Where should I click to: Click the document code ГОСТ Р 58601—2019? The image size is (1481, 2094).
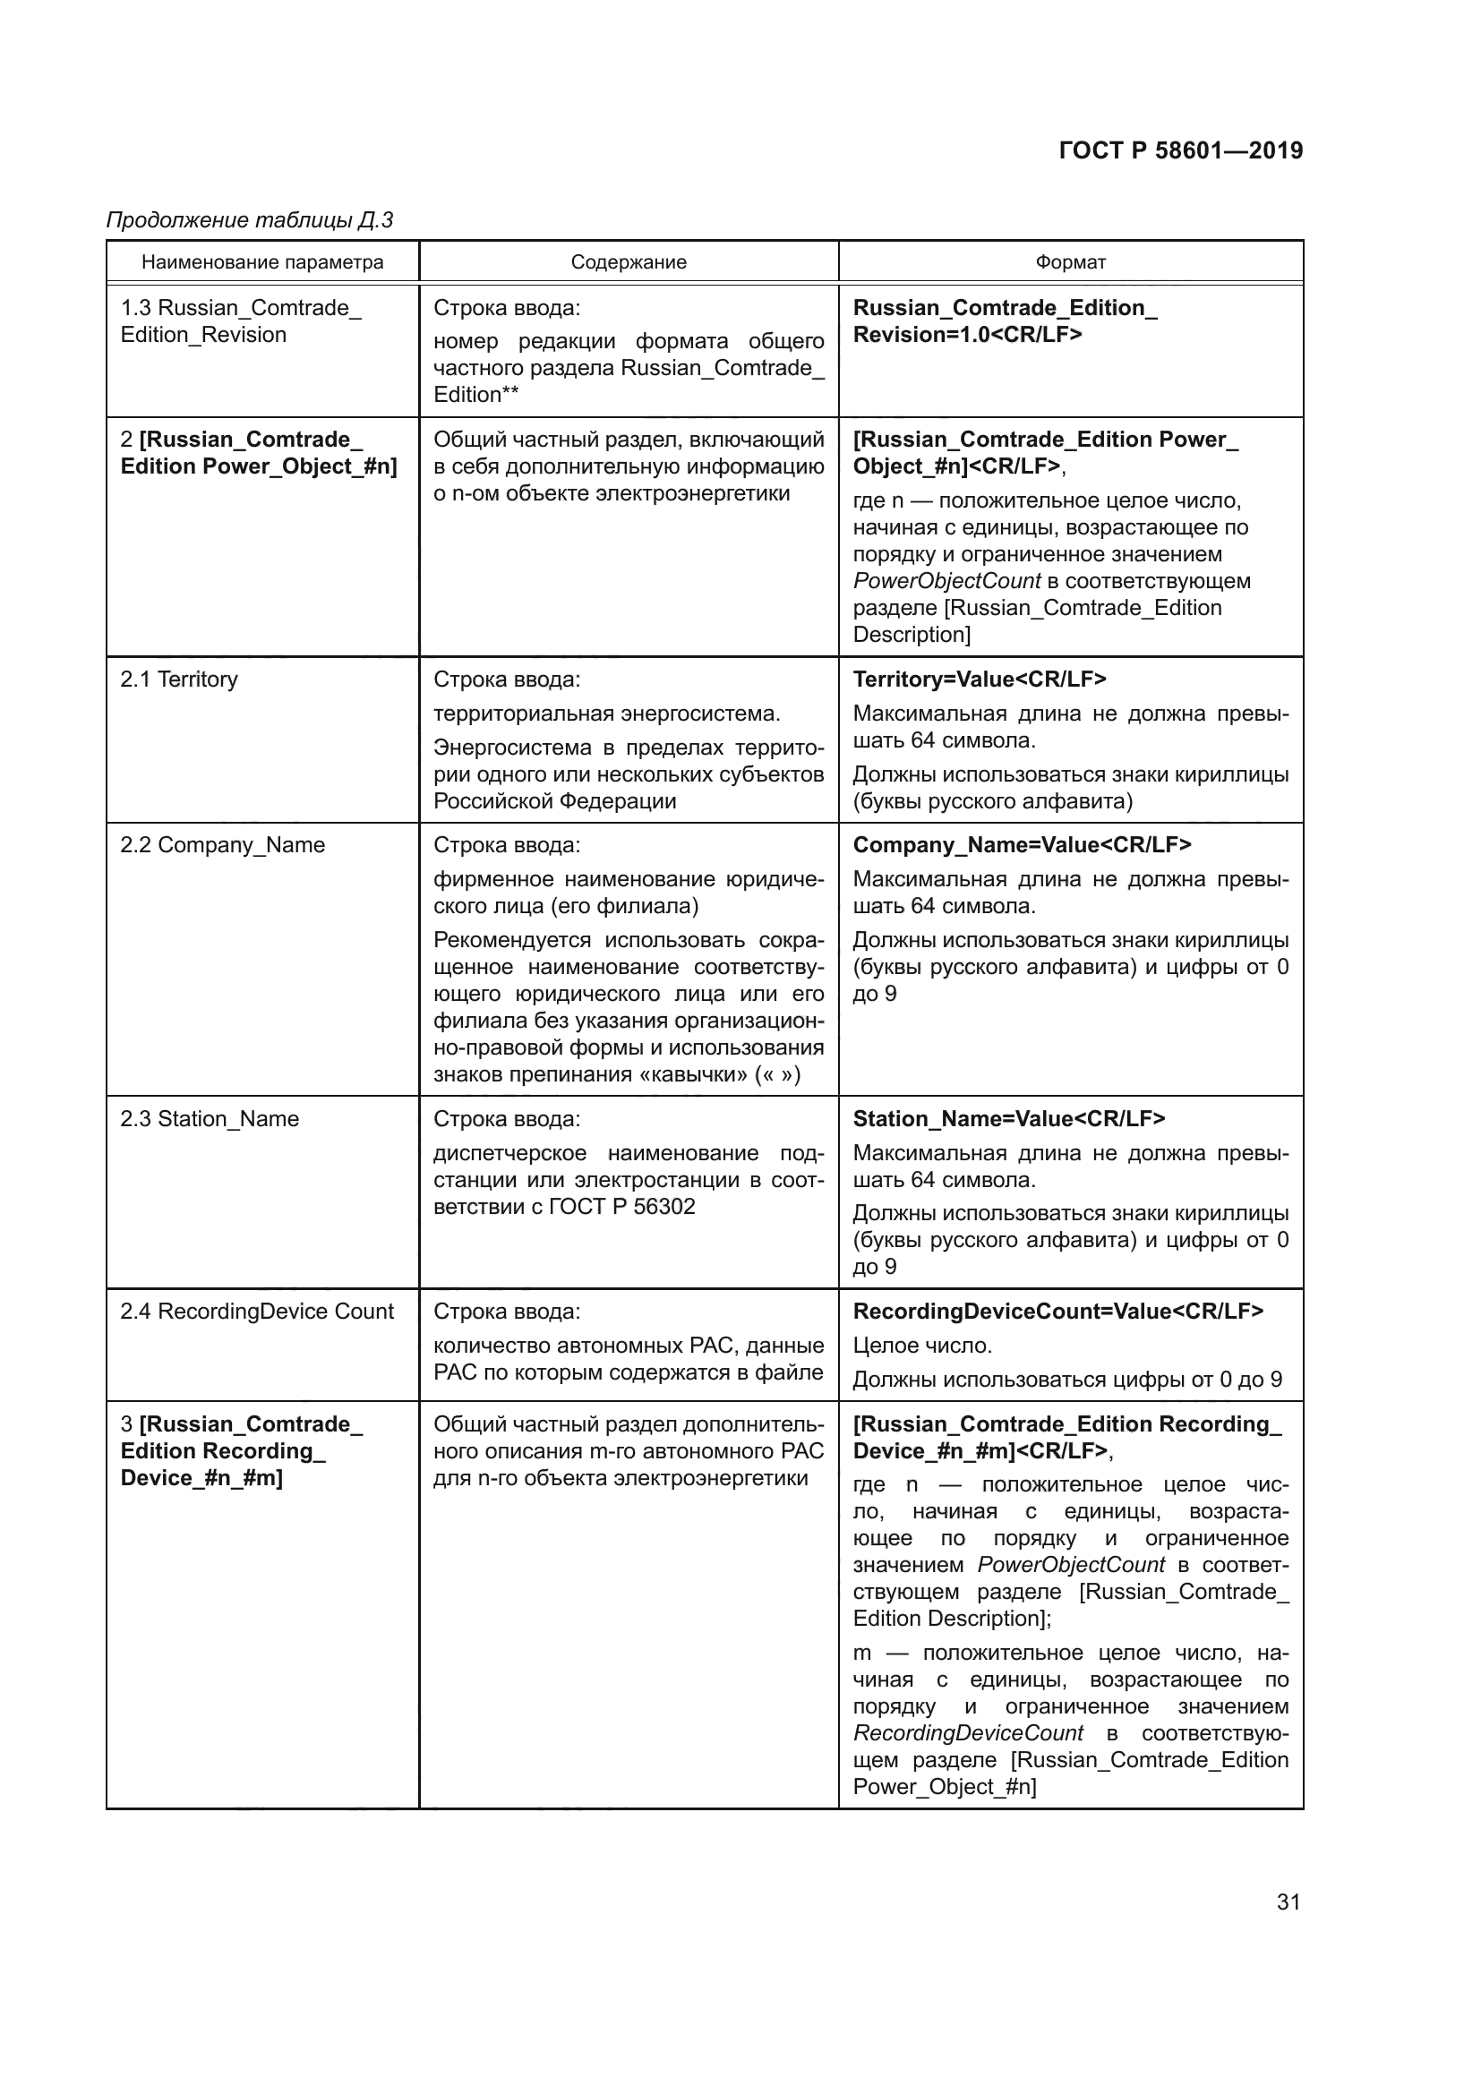[x=1180, y=150]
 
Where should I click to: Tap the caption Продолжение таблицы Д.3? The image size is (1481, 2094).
[x=249, y=220]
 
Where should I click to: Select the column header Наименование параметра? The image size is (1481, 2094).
[x=261, y=262]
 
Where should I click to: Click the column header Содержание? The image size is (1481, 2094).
[x=629, y=262]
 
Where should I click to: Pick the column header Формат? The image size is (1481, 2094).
[x=1070, y=262]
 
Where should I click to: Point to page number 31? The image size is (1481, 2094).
[x=1288, y=1902]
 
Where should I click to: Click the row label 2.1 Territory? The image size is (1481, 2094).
[x=179, y=679]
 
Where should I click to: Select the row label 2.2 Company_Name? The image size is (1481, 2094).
[x=223, y=845]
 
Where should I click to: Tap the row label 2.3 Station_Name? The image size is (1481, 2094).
[x=209, y=1119]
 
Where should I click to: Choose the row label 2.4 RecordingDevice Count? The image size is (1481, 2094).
[x=256, y=1312]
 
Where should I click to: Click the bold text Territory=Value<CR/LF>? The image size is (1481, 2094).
[x=980, y=679]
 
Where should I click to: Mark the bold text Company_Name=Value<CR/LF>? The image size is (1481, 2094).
[x=1022, y=845]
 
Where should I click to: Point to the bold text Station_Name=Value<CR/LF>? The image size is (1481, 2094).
[x=1008, y=1119]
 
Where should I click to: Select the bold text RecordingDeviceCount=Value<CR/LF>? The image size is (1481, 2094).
[x=1057, y=1312]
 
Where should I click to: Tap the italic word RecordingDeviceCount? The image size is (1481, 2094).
[x=968, y=1733]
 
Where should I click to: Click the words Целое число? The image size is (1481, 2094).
[x=922, y=1346]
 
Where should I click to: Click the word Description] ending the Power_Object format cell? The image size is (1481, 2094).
[x=911, y=635]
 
